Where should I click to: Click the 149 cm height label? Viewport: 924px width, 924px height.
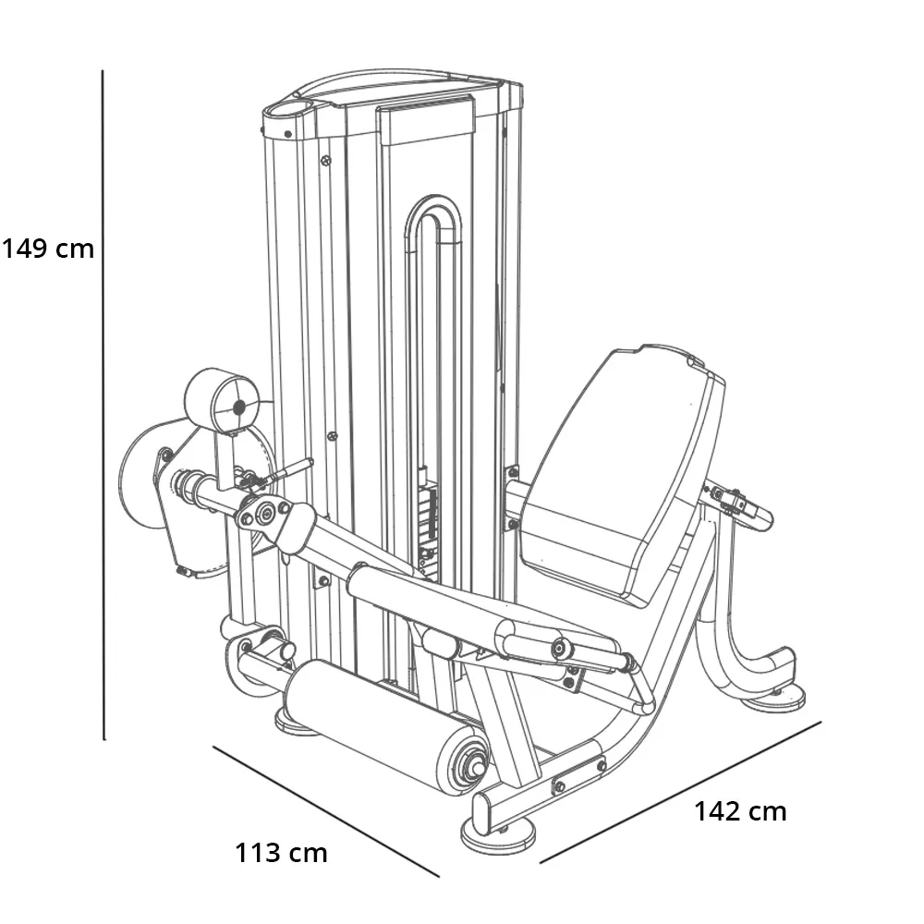[48, 248]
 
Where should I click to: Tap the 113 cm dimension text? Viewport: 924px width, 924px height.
[281, 853]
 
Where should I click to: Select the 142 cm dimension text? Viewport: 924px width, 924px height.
[741, 811]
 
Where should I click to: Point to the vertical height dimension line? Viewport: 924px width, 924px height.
[103, 405]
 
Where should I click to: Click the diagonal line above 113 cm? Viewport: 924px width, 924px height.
[326, 811]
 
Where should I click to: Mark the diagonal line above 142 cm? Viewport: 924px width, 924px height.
[681, 793]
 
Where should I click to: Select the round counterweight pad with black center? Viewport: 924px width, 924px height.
[221, 401]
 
